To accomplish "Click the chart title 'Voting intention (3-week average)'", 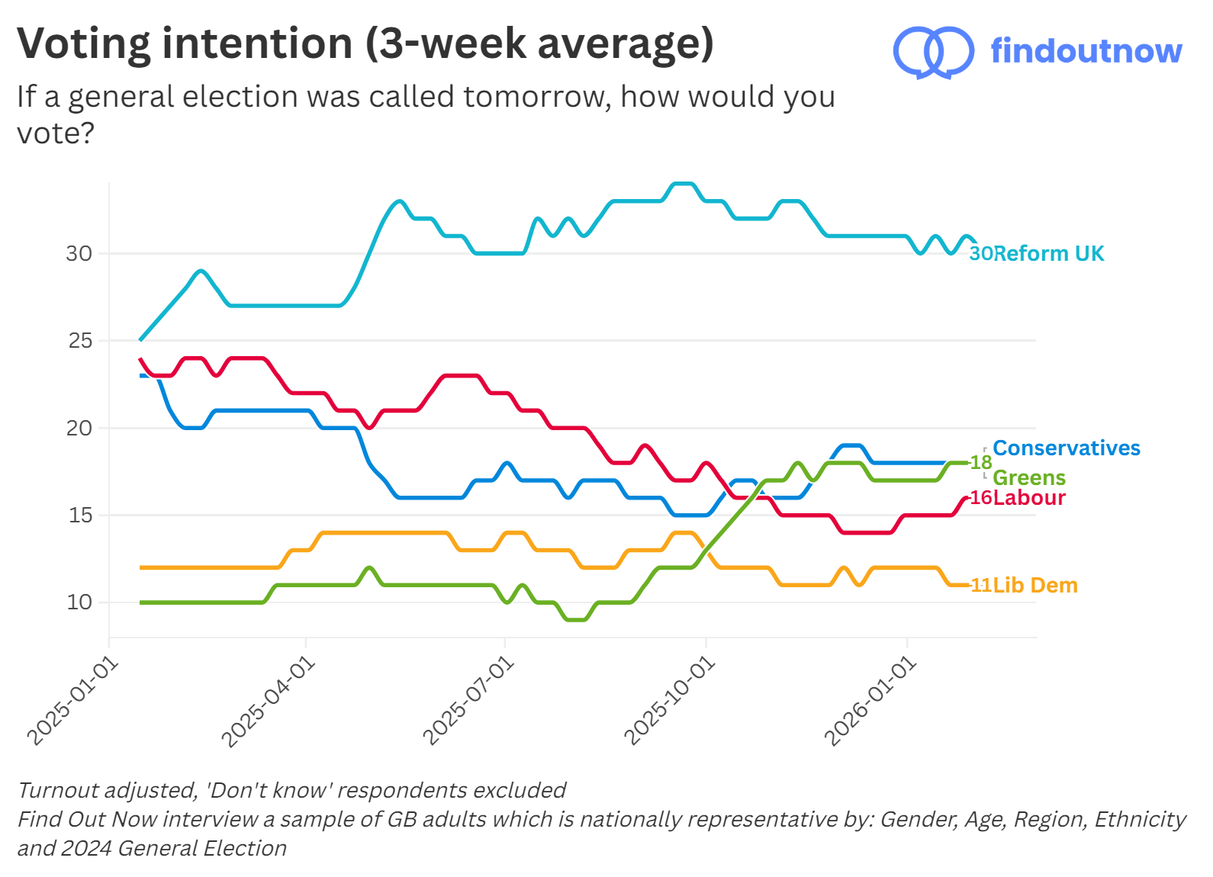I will tap(365, 43).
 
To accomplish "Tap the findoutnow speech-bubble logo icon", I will tap(932, 52).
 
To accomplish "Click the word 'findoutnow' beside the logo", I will tap(1086, 51).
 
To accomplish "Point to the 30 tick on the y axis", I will tap(79, 253).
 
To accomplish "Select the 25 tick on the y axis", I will tap(79, 341).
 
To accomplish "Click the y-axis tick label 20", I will tap(79, 428).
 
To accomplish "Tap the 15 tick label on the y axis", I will tap(79, 516).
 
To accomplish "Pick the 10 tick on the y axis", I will tap(79, 602).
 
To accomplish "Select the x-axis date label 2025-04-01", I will tap(269, 702).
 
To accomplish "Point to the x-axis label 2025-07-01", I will tap(468, 702).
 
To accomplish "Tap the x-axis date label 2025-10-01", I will tap(670, 702).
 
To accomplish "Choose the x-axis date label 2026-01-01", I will tap(870, 702).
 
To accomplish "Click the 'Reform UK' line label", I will tap(1048, 253).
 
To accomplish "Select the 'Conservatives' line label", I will tap(1066, 448).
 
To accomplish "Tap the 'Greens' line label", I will tap(1028, 477).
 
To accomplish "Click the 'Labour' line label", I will tap(1029, 497).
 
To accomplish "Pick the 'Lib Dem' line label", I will tap(1035, 585).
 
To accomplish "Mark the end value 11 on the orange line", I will tap(981, 585).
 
